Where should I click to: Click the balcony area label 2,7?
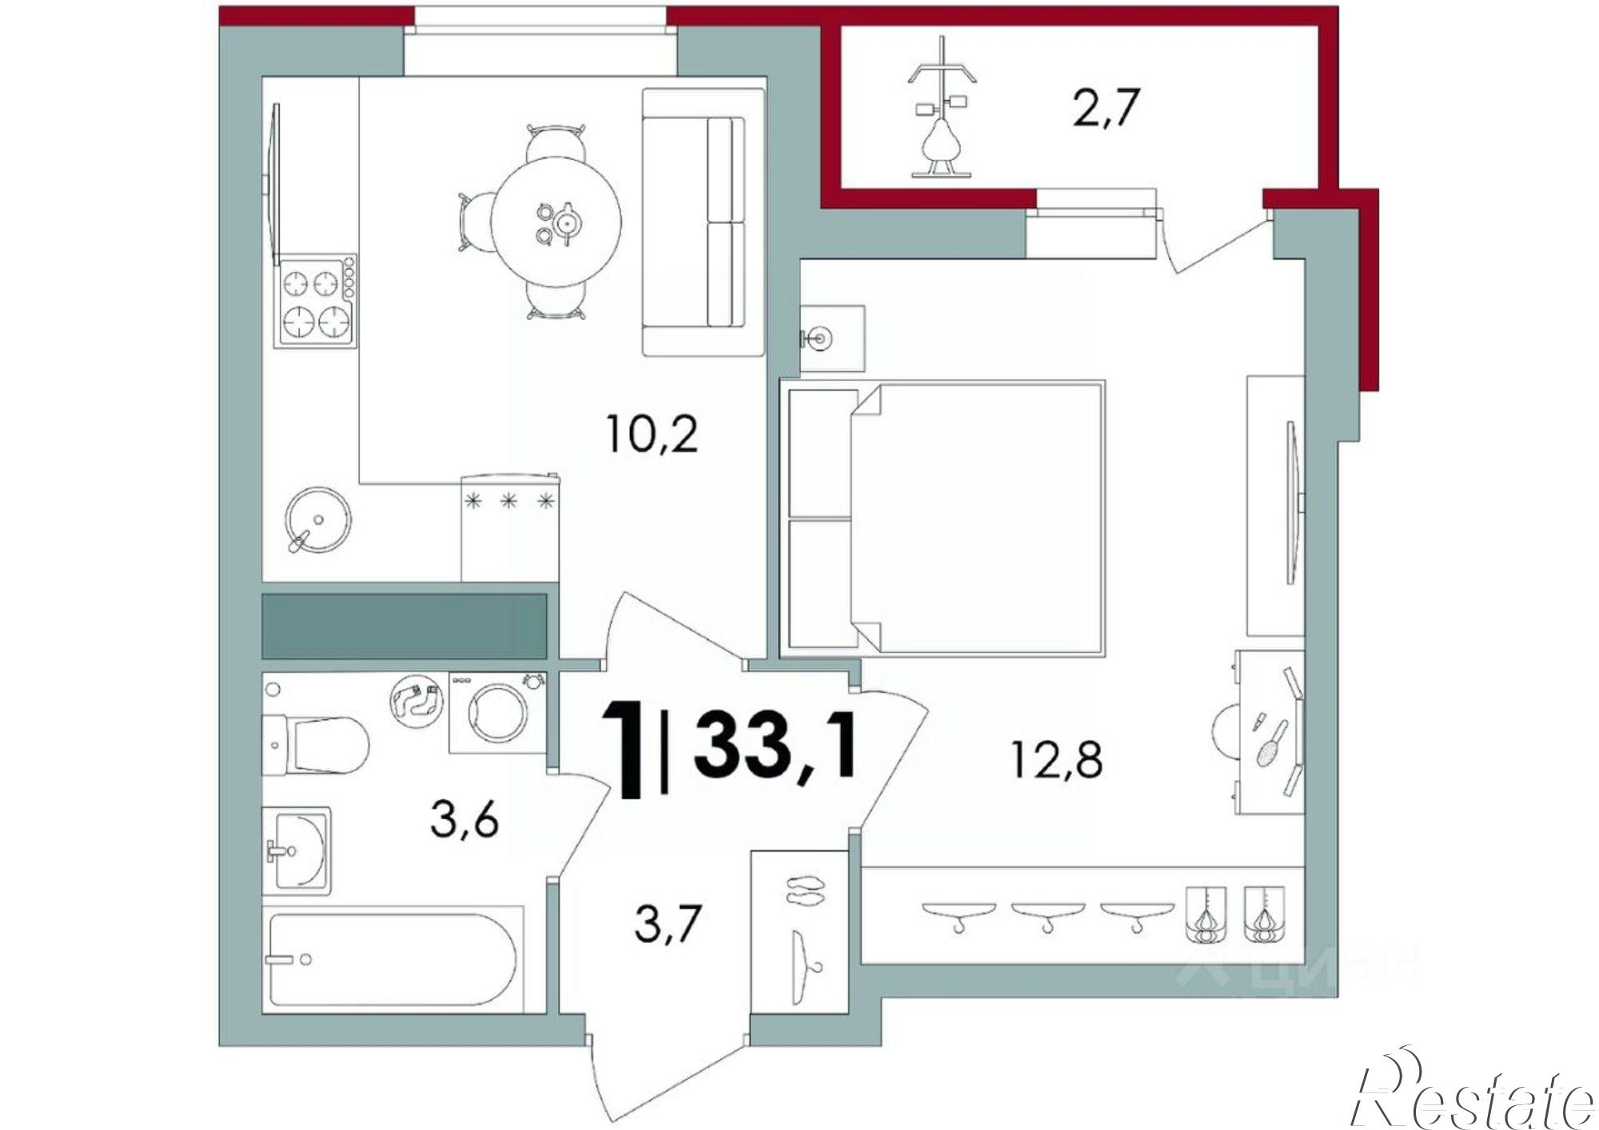pos(1104,109)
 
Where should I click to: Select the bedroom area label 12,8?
pos(1057,759)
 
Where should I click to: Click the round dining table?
pos(556,221)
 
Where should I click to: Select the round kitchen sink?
pos(317,519)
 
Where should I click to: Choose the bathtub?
pos(396,959)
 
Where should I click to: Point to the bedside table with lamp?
pos(832,338)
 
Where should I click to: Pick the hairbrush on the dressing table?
pos(1271,743)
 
